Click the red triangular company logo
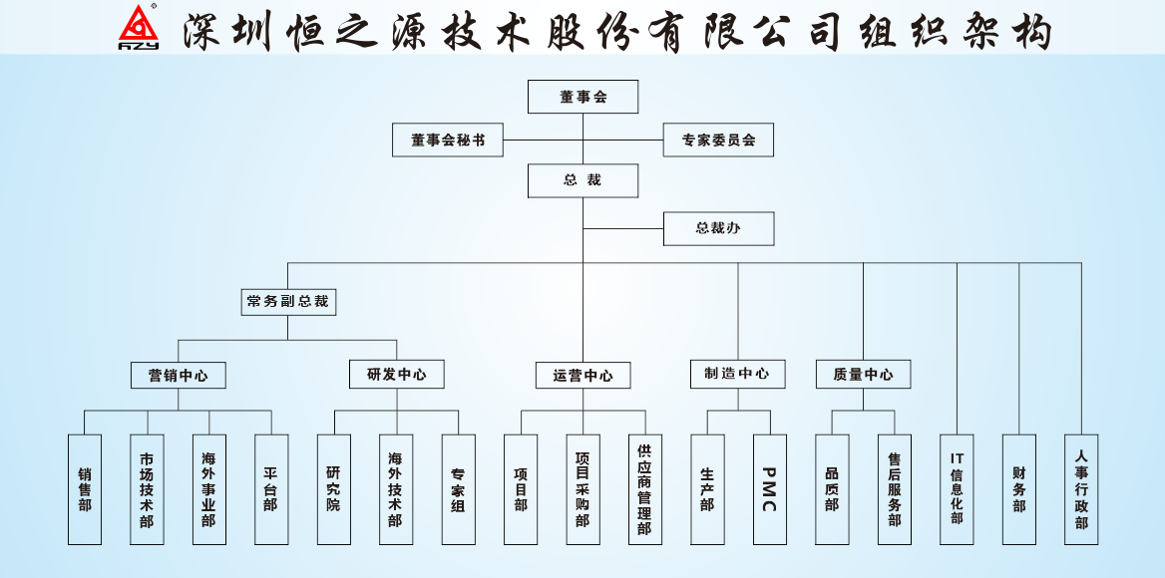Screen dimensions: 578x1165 [x=140, y=27]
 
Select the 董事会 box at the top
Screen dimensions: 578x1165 [x=582, y=97]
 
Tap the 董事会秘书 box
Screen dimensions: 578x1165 [x=448, y=141]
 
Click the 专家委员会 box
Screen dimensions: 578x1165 [x=718, y=141]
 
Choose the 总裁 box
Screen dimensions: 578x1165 [x=582, y=180]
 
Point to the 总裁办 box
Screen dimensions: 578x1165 [x=718, y=228]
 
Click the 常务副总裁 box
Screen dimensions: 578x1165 [x=288, y=300]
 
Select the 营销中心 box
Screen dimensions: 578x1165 [x=179, y=375]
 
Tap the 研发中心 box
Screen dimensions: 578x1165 [x=397, y=374]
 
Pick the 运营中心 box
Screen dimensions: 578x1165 [x=582, y=375]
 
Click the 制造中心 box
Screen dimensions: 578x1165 [x=738, y=374]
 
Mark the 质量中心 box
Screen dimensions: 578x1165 [x=863, y=374]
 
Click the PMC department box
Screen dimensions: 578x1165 [x=769, y=489]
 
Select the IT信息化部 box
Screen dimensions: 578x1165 [x=957, y=489]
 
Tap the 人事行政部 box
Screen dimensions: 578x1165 [x=1081, y=489]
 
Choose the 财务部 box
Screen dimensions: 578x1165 [x=1018, y=489]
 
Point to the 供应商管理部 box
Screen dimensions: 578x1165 [x=644, y=489]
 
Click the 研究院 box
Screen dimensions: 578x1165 [x=333, y=489]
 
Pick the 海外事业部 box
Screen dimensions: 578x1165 [x=208, y=489]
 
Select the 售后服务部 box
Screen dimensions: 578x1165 [x=894, y=489]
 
